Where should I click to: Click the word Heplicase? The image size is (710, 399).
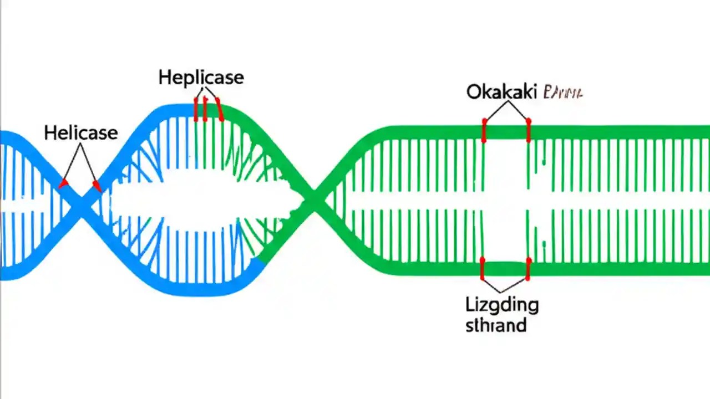click(201, 77)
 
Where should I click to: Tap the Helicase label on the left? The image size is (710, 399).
click(80, 132)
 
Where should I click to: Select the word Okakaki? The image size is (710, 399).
click(501, 91)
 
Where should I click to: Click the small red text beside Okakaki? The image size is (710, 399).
click(563, 92)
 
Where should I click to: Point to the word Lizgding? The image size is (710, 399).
click(501, 305)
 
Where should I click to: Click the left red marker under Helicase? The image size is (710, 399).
click(64, 182)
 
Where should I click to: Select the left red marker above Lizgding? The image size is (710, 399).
click(483, 269)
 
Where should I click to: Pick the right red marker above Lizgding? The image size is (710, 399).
click(528, 269)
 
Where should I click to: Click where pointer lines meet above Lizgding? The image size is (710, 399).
click(501, 291)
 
